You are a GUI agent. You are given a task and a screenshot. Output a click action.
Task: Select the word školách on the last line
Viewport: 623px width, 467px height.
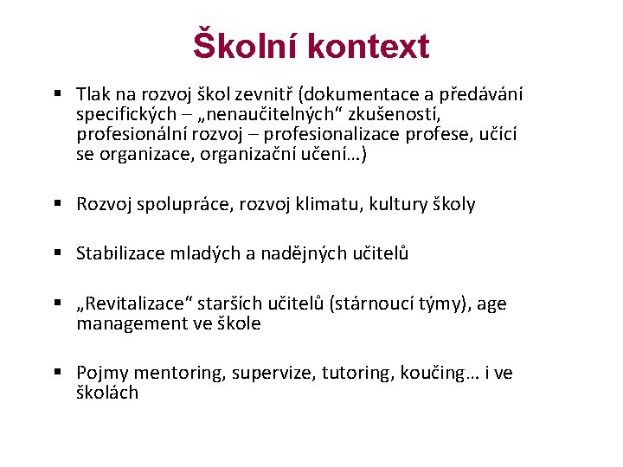(x=107, y=393)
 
